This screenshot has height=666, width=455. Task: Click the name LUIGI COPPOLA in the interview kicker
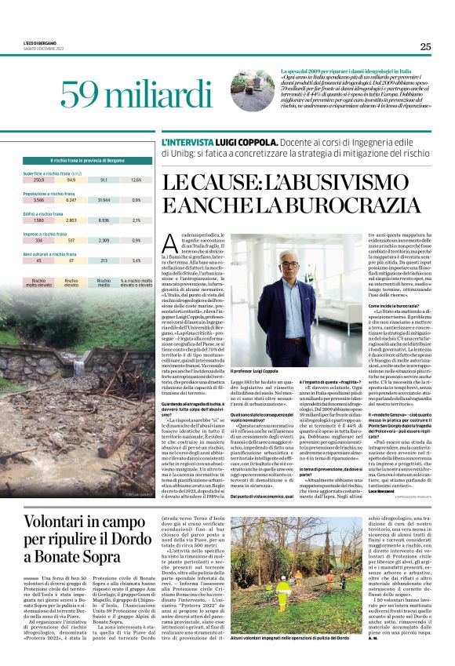(x=249, y=144)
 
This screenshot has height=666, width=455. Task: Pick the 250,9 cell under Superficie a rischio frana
(x=39, y=180)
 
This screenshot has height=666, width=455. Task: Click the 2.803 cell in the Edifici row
(x=71, y=221)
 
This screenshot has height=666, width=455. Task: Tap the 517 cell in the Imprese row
(x=71, y=241)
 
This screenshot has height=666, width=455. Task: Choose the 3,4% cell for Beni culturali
(x=136, y=260)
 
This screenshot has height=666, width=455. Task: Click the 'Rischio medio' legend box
(x=104, y=282)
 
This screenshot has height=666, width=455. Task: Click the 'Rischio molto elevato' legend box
(x=39, y=282)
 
